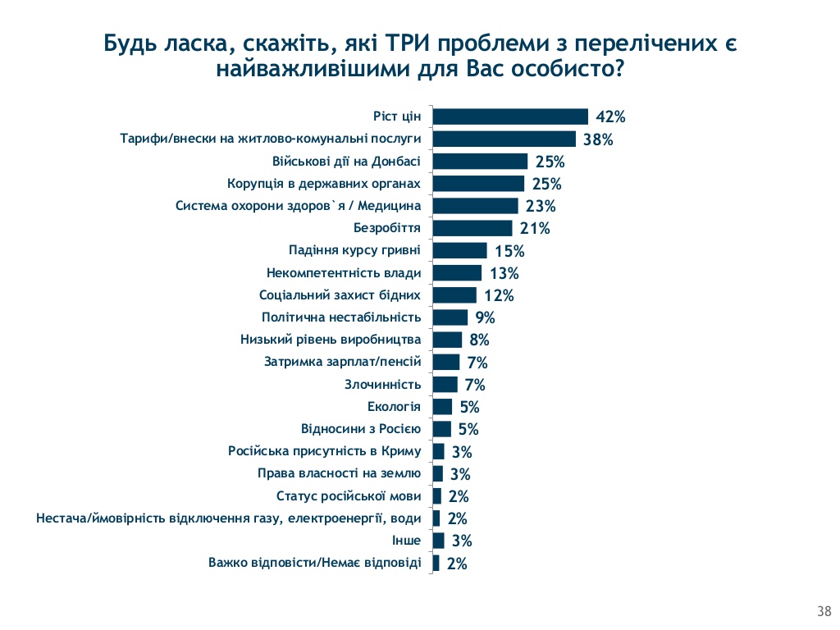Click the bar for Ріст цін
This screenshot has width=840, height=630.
pyautogui.click(x=510, y=116)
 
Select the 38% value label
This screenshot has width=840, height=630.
pyautogui.click(x=598, y=139)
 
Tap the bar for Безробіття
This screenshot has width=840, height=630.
pyautogui.click(x=472, y=228)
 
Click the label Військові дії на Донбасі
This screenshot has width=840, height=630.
pyautogui.click(x=346, y=161)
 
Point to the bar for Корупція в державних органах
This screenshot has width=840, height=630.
pyautogui.click(x=478, y=184)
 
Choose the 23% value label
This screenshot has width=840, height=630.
pyautogui.click(x=541, y=206)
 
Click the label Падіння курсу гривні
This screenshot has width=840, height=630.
pyautogui.click(x=355, y=250)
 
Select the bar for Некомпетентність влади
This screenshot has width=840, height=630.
pyautogui.click(x=457, y=272)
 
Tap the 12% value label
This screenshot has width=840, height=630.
pyautogui.click(x=498, y=295)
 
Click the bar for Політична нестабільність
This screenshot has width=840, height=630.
pyautogui.click(x=450, y=317)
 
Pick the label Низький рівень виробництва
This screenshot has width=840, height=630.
pyautogui.click(x=331, y=340)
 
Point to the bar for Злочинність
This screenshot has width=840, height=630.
pyautogui.click(x=445, y=384)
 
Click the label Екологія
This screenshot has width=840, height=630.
pyautogui.click(x=394, y=407)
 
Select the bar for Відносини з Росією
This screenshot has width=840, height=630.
pyautogui.click(x=441, y=429)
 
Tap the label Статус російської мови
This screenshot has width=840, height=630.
pyautogui.click(x=349, y=495)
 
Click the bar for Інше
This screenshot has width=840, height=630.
pyautogui.click(x=438, y=541)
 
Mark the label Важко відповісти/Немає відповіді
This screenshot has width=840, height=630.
pyautogui.click(x=314, y=563)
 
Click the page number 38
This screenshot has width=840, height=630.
pyautogui.click(x=824, y=609)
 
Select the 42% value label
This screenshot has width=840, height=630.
pyautogui.click(x=610, y=116)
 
